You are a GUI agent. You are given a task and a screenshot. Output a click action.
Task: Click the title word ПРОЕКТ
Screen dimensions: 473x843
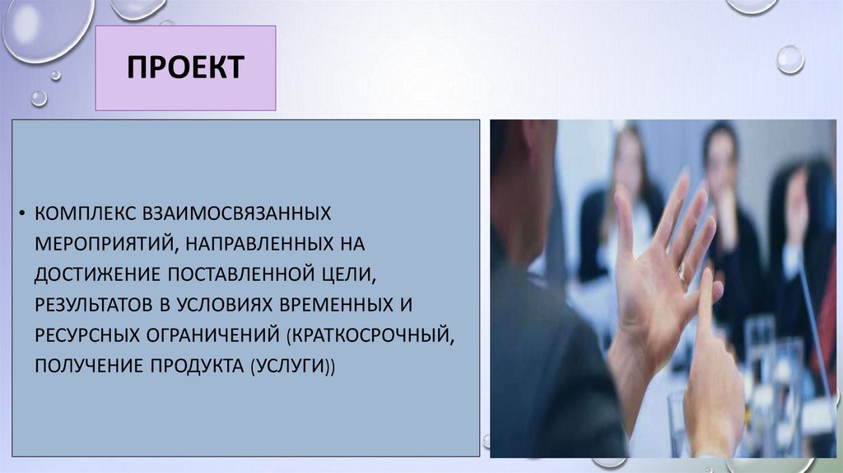185,68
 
